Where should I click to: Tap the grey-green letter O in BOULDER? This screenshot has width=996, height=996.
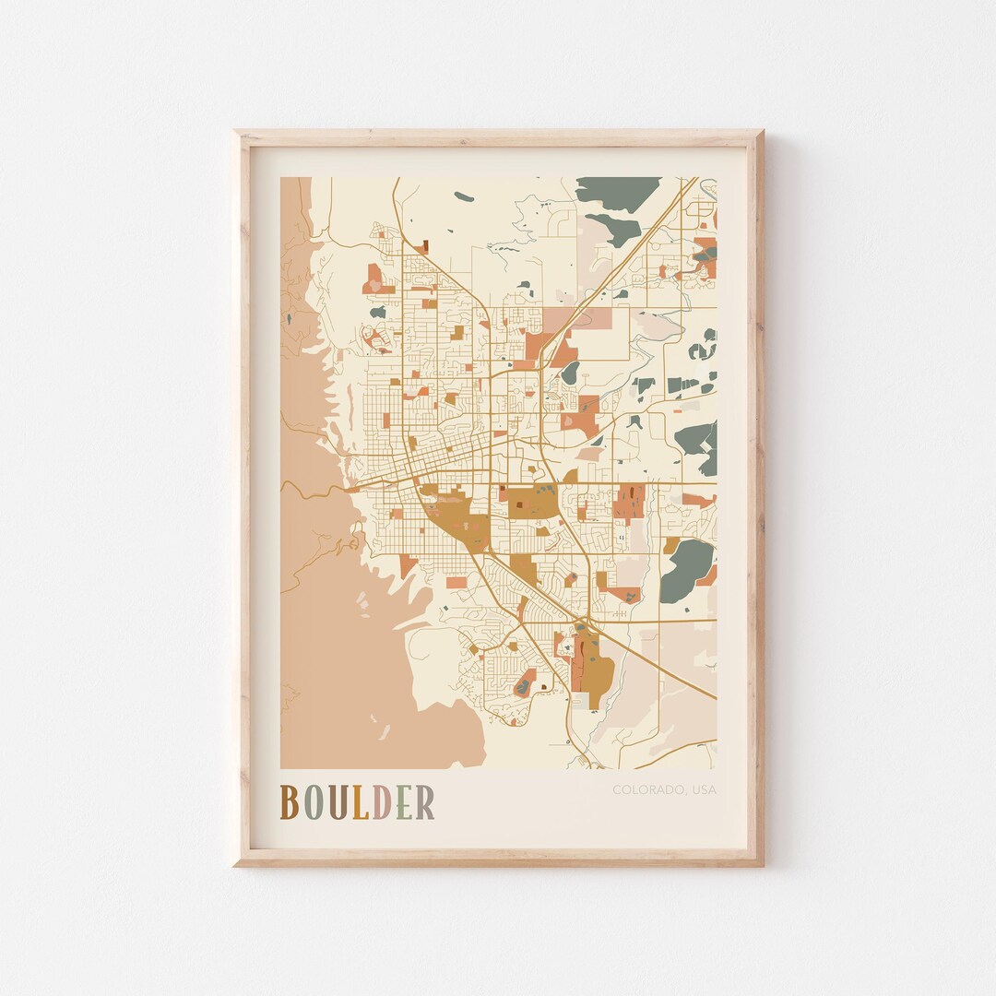[314, 802]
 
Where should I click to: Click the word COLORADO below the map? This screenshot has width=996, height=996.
[644, 789]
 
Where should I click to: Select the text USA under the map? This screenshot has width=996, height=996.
[701, 789]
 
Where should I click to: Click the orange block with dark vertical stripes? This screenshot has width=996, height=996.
[629, 503]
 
